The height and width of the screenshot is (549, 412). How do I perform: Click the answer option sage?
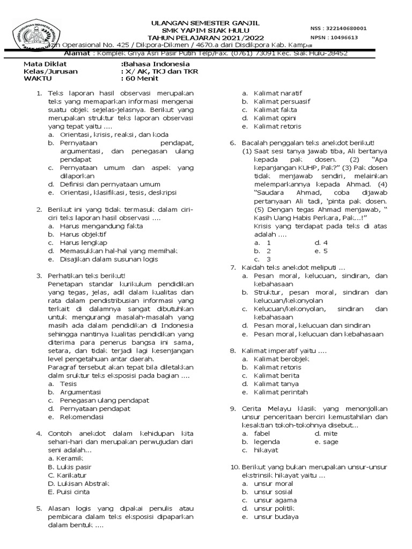(x=328, y=442)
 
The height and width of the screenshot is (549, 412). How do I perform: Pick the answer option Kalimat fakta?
(x=276, y=110)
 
